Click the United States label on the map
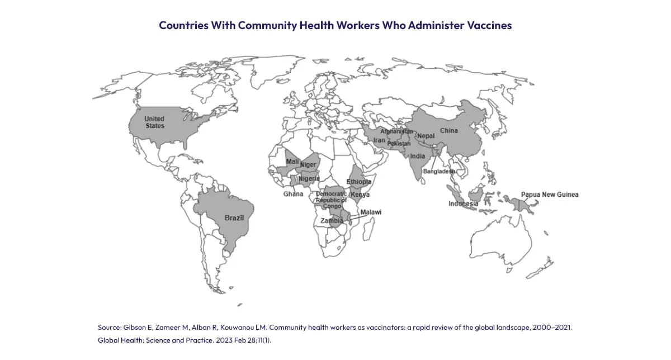[x=155, y=122]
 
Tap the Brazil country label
[x=234, y=217]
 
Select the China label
[x=448, y=131]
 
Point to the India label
[x=418, y=157]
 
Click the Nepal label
[x=426, y=136]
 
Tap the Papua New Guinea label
[x=549, y=195]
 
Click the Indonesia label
[x=463, y=204]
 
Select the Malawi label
[x=371, y=212]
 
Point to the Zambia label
[x=331, y=221]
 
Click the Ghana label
[x=293, y=194]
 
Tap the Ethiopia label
[x=359, y=182]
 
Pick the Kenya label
[x=360, y=195]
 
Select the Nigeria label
[x=309, y=178]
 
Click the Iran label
[x=379, y=140]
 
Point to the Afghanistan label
[x=396, y=131]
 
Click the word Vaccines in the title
[x=489, y=26]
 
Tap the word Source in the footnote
[x=110, y=327]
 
